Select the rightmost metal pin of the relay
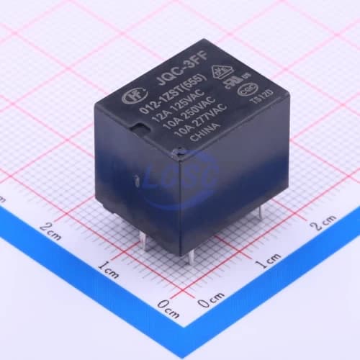260,210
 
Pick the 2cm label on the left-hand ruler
49,230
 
